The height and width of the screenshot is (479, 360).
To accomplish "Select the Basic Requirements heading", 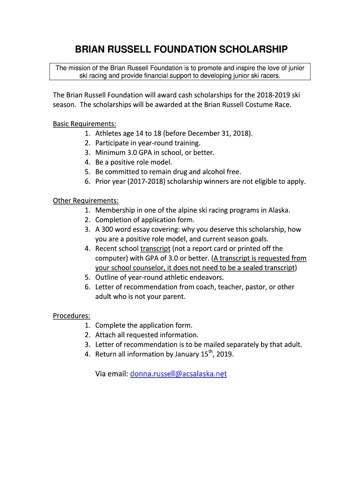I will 84,124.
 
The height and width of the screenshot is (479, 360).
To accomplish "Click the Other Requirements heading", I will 86,201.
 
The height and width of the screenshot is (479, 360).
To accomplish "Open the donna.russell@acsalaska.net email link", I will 179,374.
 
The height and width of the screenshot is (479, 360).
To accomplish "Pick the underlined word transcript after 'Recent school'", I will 155,248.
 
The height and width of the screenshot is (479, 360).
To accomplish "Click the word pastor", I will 255,287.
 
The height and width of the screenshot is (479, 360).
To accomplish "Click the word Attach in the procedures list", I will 106,335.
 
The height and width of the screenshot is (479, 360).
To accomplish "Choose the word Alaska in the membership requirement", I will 279,210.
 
